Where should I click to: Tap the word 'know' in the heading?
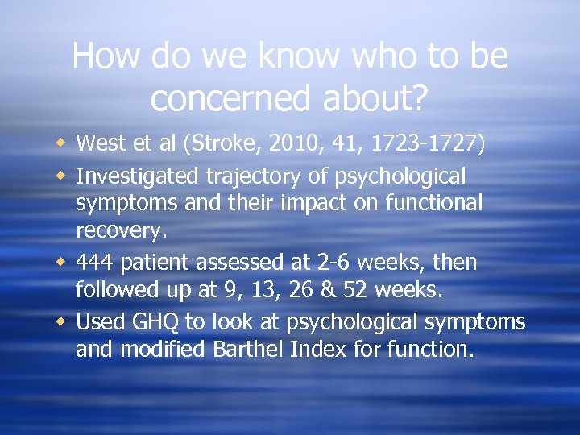coord(300,56)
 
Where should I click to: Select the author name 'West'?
coord(97,144)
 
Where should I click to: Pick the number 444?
coord(97,263)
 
